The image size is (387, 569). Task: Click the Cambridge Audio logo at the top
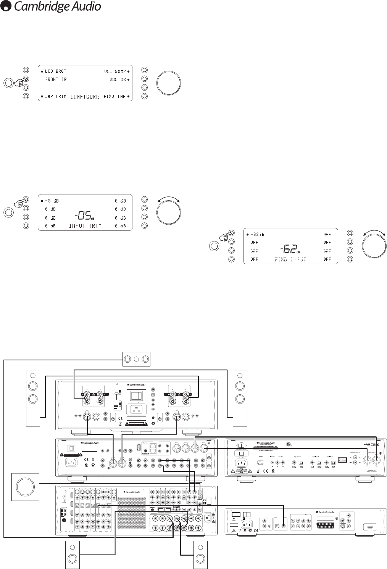click(51, 6)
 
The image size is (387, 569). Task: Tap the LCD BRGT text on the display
click(55, 71)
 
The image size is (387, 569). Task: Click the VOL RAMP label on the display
click(115, 71)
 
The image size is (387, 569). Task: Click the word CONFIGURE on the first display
click(85, 97)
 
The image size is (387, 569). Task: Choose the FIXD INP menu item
click(115, 97)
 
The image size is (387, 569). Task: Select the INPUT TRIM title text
click(85, 226)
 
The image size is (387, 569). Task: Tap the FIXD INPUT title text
click(290, 259)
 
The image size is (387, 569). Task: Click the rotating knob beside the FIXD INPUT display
click(374, 246)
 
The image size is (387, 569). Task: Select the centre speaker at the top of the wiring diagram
click(136, 359)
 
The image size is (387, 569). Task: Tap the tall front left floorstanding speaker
click(32, 398)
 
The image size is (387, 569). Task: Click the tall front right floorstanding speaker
click(240, 398)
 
